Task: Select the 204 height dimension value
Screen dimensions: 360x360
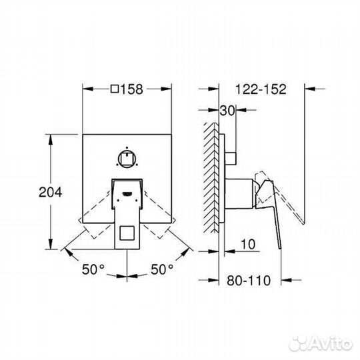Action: pos(51,192)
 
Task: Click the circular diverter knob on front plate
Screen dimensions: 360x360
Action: pos(127,158)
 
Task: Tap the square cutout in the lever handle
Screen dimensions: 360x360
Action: pos(127,233)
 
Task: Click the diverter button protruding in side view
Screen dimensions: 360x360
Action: pos(233,157)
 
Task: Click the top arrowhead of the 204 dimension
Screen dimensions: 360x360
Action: pos(51,136)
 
